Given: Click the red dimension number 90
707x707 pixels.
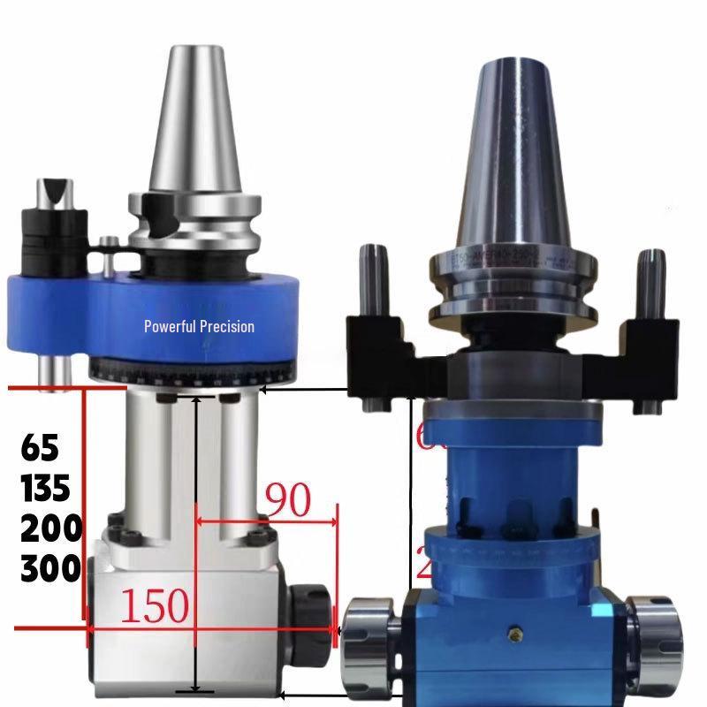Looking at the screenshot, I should pos(285,500).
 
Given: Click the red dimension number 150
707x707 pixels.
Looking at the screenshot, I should pos(156,605).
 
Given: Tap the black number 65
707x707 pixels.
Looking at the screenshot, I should pos(40,447).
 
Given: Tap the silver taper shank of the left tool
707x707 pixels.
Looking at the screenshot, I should pos(183,115).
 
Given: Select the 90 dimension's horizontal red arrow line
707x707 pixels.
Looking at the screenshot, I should pos(265,521).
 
